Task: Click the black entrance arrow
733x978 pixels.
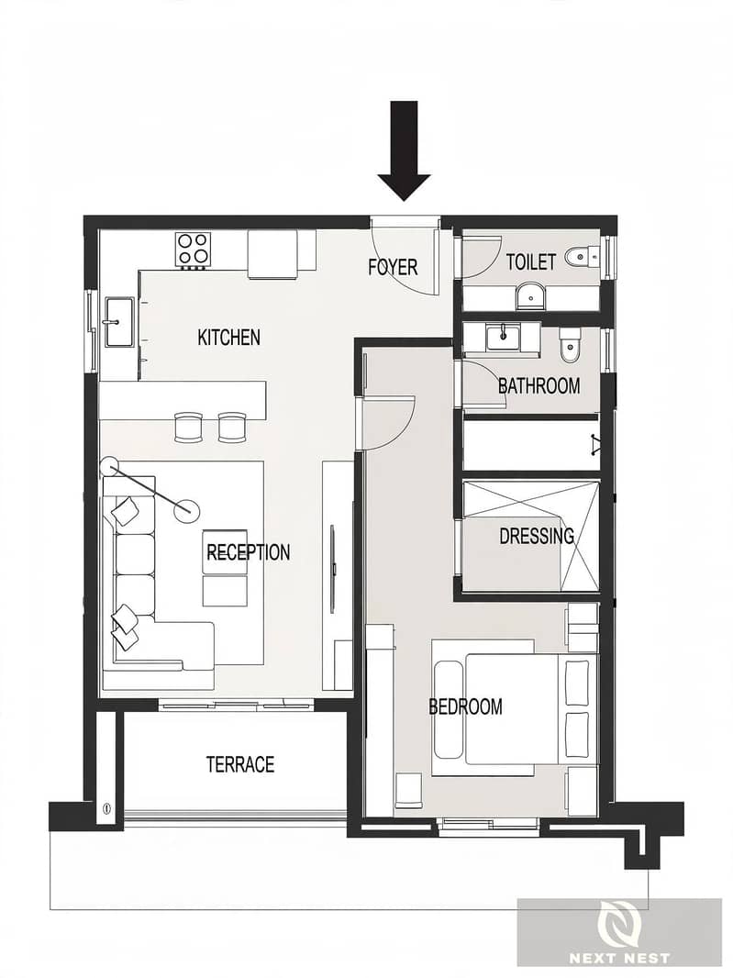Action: (405, 151)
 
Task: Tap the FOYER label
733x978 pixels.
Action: (393, 267)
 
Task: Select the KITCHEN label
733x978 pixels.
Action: (229, 338)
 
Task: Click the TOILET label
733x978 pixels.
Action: (531, 262)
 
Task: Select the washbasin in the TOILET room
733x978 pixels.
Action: (530, 295)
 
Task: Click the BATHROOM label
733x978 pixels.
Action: (539, 385)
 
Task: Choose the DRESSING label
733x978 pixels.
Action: (537, 536)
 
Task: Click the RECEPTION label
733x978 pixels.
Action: (249, 552)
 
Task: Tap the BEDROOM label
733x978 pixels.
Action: (465, 706)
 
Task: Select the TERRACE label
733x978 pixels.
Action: (240, 764)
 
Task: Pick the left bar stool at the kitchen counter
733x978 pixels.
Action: (188, 427)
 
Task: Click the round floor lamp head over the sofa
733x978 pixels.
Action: (184, 511)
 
